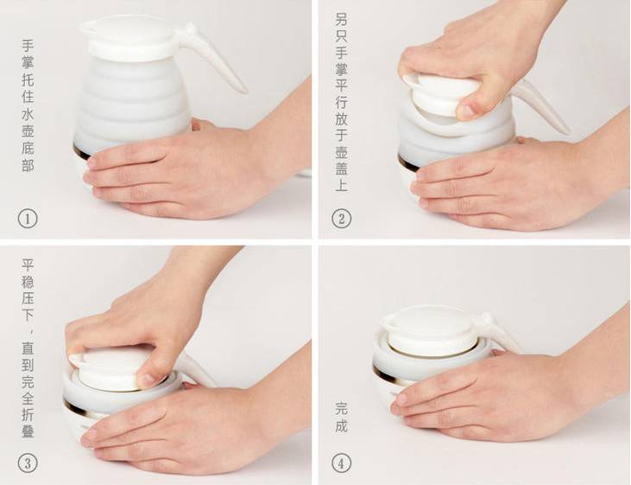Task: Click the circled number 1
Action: (x=28, y=219)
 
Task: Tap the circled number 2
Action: (x=341, y=219)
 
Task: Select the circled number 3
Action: (x=28, y=463)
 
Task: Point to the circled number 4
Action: (x=341, y=463)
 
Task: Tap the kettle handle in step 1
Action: (x=213, y=56)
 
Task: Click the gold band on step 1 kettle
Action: (x=80, y=152)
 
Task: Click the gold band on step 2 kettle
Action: (x=406, y=163)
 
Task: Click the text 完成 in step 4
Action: (x=341, y=418)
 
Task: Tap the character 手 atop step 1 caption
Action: (x=28, y=45)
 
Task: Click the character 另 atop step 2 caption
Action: (x=341, y=19)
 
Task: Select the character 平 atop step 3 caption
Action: (x=28, y=265)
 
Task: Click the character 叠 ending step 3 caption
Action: (x=28, y=431)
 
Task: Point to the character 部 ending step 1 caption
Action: (x=28, y=165)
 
